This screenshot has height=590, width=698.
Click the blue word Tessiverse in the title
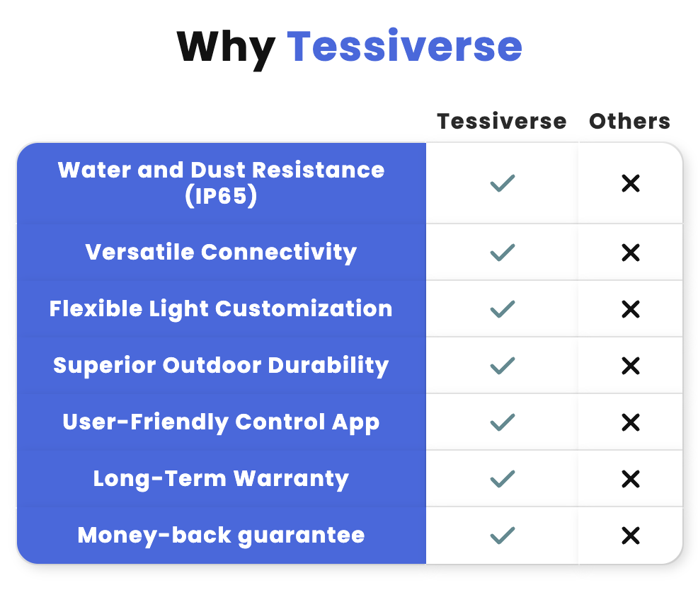click(x=404, y=45)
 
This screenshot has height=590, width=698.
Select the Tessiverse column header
click(x=502, y=121)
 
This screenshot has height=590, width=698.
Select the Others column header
click(x=629, y=121)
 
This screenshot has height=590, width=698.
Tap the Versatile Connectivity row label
click(x=221, y=253)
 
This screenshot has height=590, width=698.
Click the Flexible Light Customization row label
click(x=221, y=308)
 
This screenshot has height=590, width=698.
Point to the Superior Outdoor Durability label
click(x=221, y=365)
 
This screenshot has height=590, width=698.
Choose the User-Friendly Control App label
click(x=221, y=422)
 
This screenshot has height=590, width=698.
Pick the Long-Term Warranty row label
click(x=221, y=479)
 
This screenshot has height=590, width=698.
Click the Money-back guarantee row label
click(x=221, y=536)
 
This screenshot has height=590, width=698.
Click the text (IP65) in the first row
click(x=221, y=196)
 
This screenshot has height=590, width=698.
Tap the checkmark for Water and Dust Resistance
click(x=503, y=183)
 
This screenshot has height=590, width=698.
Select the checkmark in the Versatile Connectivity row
click(x=503, y=253)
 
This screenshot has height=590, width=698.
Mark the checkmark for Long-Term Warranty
click(x=503, y=479)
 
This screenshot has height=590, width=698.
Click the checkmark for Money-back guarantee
click(x=503, y=536)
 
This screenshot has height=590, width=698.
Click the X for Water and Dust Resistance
click(x=631, y=183)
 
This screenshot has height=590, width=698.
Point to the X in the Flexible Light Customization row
click(x=631, y=309)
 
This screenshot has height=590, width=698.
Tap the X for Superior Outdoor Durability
click(x=631, y=366)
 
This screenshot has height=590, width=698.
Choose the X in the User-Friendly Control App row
click(x=631, y=422)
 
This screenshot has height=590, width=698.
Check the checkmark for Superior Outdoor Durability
click(x=503, y=366)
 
